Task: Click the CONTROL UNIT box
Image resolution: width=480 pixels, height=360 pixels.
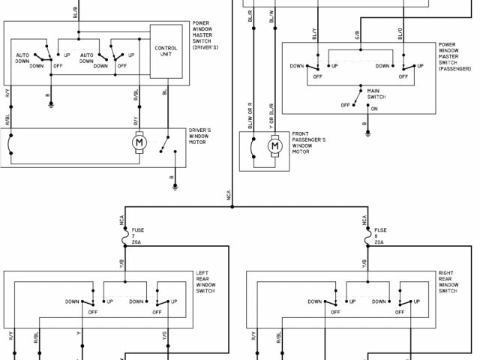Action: pyautogui.click(x=166, y=51)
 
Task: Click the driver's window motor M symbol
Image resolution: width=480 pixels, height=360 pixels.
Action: pyautogui.click(x=139, y=141)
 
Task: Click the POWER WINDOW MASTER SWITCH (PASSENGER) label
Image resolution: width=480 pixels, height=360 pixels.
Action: pyautogui.click(x=457, y=55)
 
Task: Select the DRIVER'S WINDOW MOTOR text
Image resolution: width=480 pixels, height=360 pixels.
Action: pyautogui.click(x=199, y=136)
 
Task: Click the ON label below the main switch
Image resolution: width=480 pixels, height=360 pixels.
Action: pyautogui.click(x=374, y=109)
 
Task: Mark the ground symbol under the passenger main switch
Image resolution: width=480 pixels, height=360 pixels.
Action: pyautogui.click(x=367, y=132)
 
